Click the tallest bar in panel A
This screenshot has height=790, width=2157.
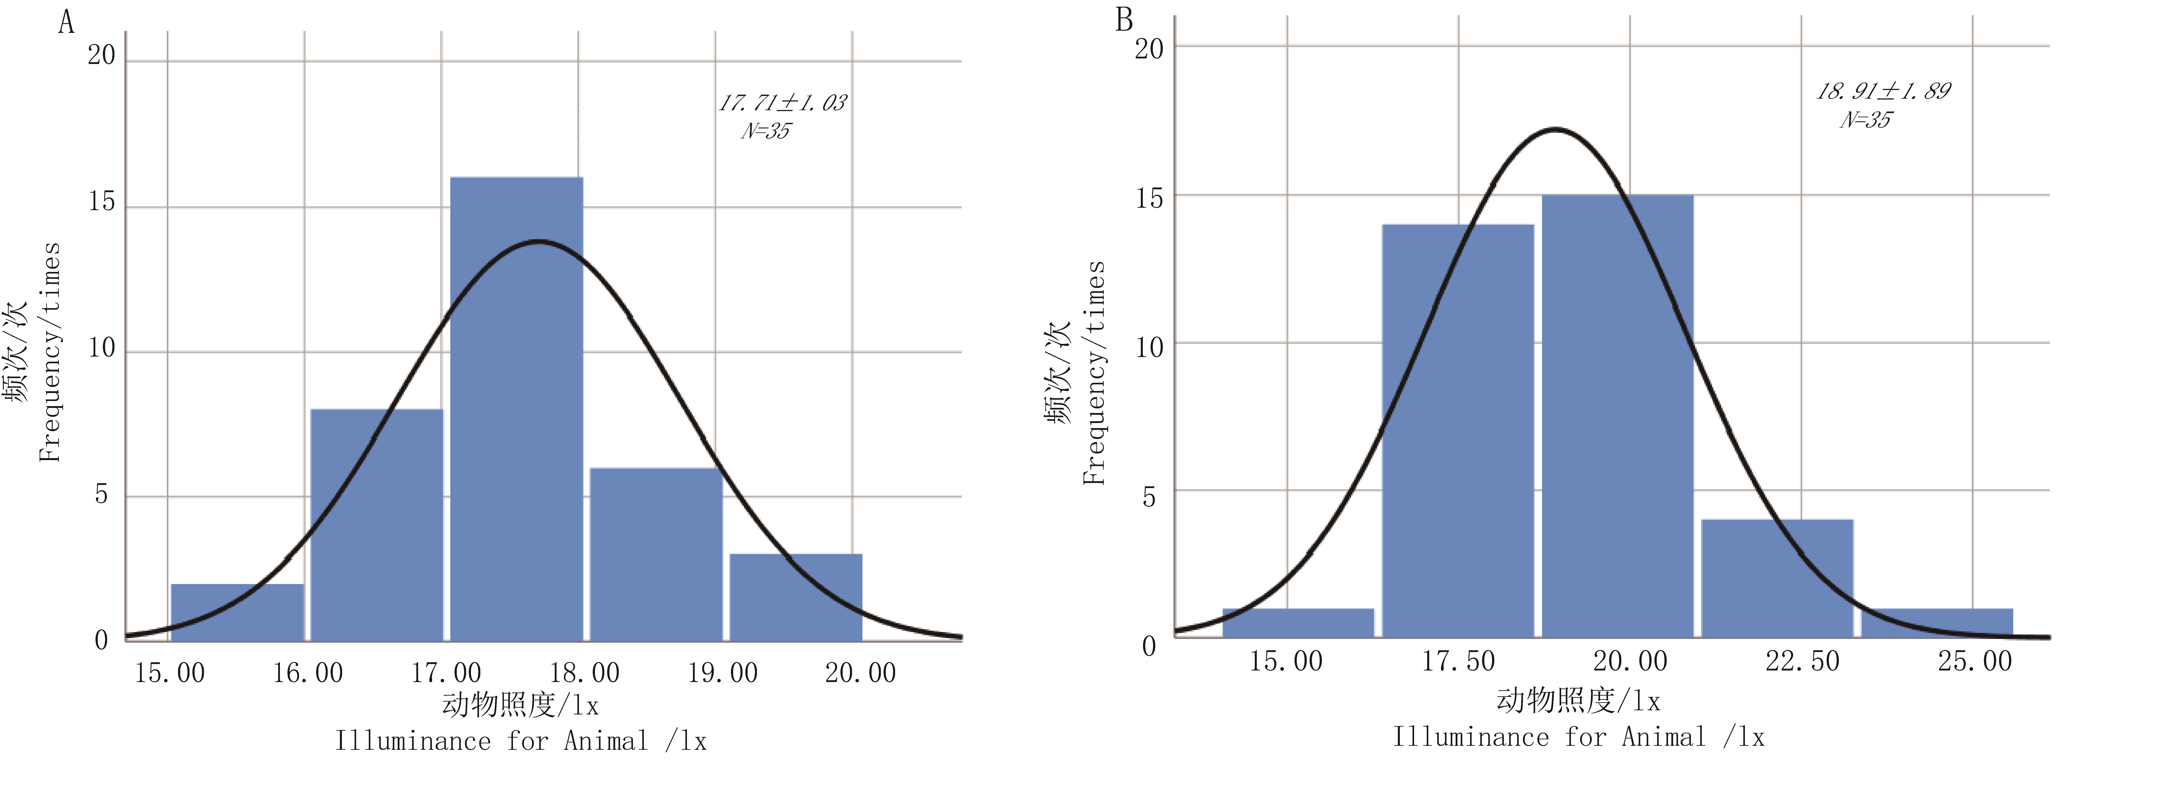tap(517, 409)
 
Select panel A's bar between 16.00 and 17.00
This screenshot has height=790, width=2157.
tap(377, 525)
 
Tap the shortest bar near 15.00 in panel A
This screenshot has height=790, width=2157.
tap(237, 612)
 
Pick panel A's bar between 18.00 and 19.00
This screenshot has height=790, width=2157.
tap(656, 554)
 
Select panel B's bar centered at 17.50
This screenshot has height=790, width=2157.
tap(1458, 431)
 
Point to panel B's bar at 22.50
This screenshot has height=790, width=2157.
tap(1777, 578)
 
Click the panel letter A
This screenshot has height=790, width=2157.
tap(66, 22)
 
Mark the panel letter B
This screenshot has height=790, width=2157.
tap(1125, 19)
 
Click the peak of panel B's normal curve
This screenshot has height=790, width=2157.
tap(1555, 129)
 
